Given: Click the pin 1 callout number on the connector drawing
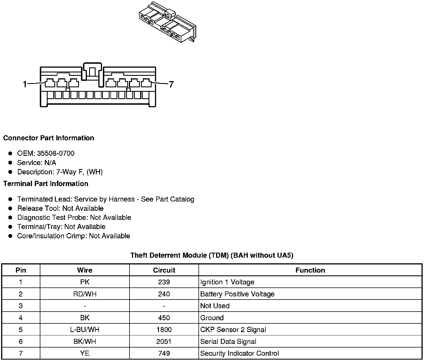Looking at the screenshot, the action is (x=25, y=84).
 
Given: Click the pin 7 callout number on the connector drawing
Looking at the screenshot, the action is (x=171, y=84).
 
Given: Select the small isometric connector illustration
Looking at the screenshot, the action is (x=167, y=22).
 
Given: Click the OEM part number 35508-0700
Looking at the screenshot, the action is (x=56, y=153).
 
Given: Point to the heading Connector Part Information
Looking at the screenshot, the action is (x=48, y=138).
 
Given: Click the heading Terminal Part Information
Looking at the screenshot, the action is (x=46, y=184).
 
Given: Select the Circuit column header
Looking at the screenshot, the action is (x=164, y=270).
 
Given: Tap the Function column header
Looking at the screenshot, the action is (x=310, y=270).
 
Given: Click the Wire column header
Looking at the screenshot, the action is (x=85, y=270).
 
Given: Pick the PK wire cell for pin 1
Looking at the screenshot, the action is (x=85, y=282).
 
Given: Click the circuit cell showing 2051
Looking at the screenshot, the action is (x=164, y=342).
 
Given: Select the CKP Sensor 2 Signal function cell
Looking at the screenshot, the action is (x=233, y=330).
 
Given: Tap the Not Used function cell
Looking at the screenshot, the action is (x=215, y=306).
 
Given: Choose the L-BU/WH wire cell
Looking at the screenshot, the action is (x=85, y=330).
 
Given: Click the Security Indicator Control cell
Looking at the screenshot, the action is (x=240, y=353).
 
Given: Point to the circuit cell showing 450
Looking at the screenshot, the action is (x=164, y=318).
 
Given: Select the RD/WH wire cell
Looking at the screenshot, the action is (x=85, y=294).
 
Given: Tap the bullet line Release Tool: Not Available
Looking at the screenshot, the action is (x=60, y=208).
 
